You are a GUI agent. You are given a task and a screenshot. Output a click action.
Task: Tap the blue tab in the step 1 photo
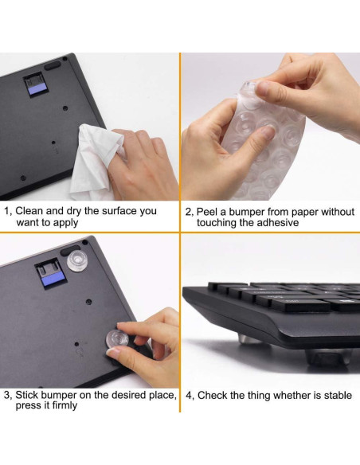tap(37, 89)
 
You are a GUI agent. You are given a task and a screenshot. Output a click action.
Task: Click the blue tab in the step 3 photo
tap(53, 279)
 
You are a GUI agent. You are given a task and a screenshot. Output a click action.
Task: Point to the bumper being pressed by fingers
tap(117, 338)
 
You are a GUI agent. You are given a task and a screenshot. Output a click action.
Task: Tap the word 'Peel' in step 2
tap(207, 212)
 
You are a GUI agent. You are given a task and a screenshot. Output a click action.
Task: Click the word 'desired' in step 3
tap(131, 395)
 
